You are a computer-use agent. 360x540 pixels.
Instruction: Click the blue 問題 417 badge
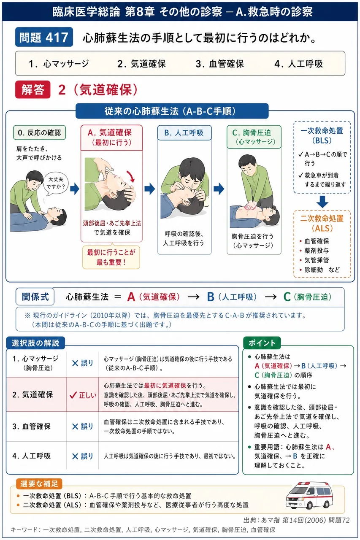44,37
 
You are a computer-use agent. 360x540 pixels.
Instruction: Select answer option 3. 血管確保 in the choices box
219,64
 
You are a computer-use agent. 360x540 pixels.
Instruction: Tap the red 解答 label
33,89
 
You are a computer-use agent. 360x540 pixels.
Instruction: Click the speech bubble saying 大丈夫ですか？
56,183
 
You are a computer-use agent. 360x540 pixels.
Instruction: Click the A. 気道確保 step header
111,138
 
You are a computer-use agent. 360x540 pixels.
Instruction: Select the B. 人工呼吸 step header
184,132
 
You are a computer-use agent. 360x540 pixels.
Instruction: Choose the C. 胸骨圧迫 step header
254,137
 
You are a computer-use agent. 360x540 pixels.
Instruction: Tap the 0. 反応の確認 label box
39,132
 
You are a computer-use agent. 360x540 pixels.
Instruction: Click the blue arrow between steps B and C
219,189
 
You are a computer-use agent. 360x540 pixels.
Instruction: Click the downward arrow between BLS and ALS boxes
322,202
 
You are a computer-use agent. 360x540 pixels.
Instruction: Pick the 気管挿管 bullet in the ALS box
314,260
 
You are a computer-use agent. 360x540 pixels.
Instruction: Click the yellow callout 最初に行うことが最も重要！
111,257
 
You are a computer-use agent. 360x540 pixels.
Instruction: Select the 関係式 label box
35,297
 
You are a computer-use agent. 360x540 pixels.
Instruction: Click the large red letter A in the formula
131,297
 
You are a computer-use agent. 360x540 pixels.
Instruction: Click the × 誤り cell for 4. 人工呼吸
82,456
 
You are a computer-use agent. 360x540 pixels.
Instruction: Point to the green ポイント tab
262,343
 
